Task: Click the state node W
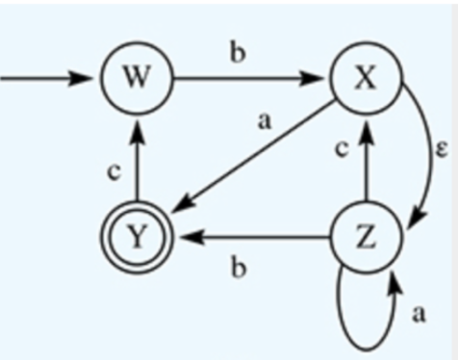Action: coord(138,77)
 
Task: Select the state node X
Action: coord(365,77)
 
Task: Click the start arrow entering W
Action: coord(48,77)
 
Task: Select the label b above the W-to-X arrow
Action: coord(237,52)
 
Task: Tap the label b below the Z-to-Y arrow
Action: coord(238,268)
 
